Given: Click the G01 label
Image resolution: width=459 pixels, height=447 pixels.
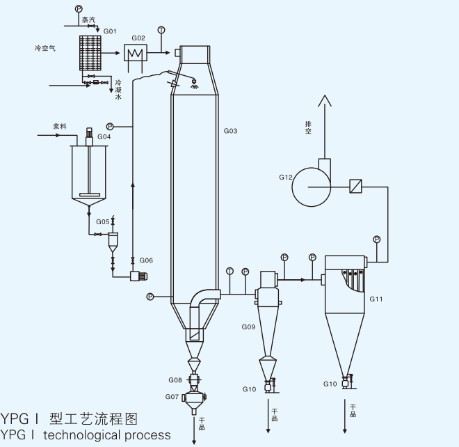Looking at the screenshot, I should click(x=110, y=32).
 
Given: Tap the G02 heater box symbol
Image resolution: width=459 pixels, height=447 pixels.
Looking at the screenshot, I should click(x=134, y=53).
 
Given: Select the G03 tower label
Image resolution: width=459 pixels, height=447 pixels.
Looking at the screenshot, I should click(x=231, y=131).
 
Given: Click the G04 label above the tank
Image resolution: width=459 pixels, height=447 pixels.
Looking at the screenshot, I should click(x=104, y=137).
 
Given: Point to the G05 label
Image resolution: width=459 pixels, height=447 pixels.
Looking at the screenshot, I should click(x=102, y=221).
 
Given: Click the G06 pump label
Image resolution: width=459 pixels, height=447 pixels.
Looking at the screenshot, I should click(x=146, y=260).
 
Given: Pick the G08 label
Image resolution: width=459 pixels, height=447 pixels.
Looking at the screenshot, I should click(x=175, y=380).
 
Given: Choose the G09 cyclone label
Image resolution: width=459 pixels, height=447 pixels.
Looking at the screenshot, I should click(x=248, y=327).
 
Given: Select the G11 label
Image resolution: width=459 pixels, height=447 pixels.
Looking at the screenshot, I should click(x=376, y=299).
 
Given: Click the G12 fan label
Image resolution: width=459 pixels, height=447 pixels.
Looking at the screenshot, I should click(x=285, y=178).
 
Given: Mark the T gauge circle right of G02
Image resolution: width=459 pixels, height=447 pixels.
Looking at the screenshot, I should click(x=161, y=30).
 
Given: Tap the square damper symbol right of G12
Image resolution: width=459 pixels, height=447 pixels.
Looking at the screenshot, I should click(x=355, y=186).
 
